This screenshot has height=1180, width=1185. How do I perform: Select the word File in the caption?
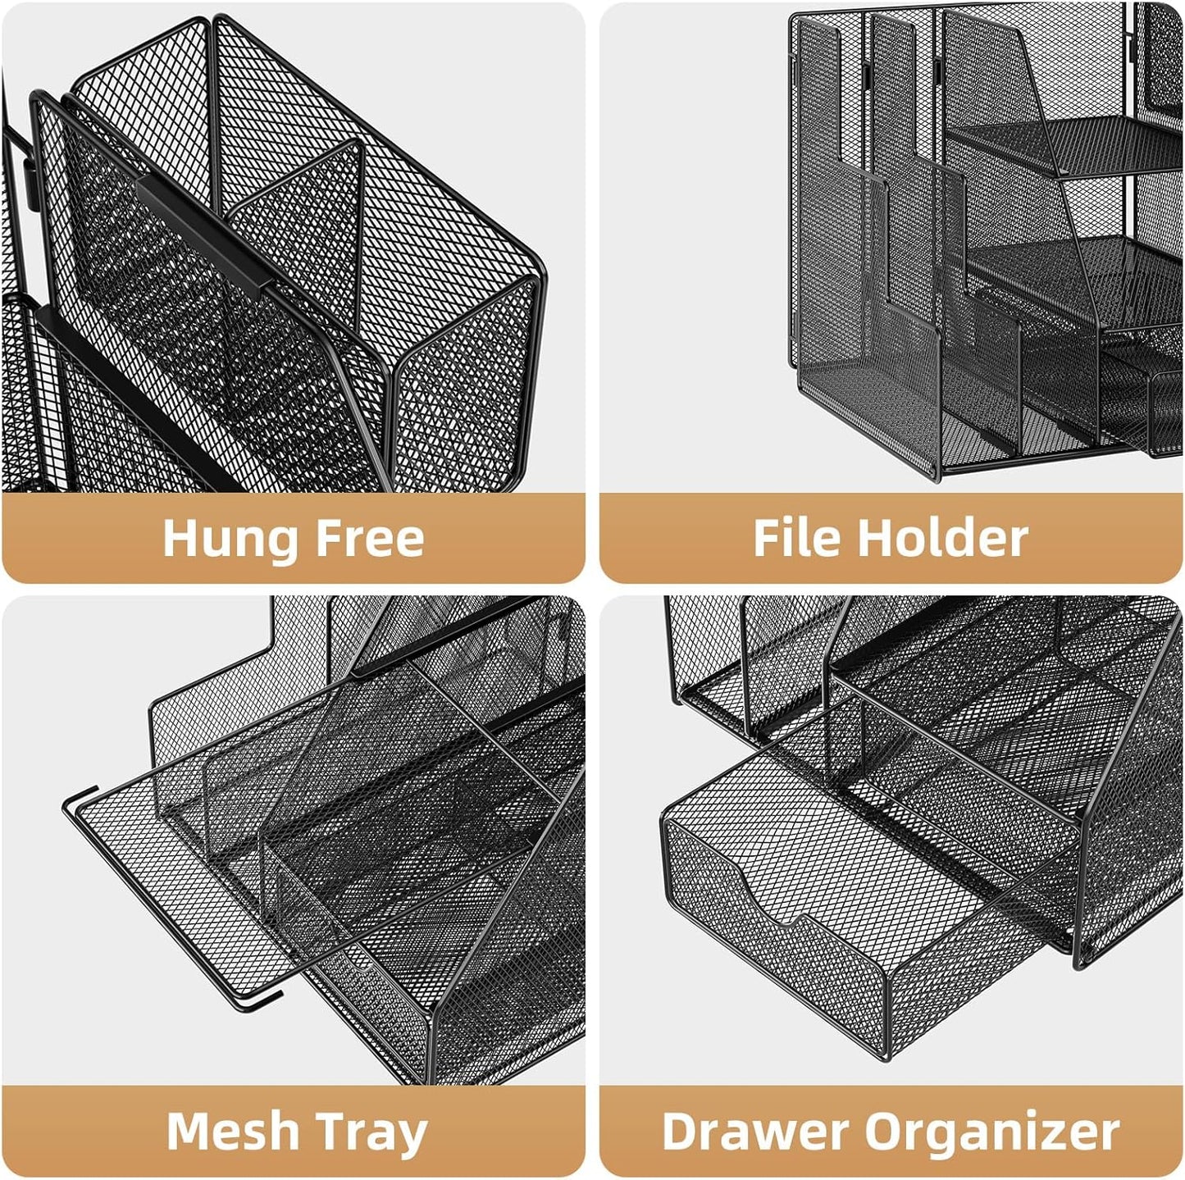[x=796, y=539]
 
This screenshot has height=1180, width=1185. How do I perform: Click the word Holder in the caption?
[x=942, y=539]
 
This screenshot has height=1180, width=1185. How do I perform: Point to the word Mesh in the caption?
[x=232, y=1131]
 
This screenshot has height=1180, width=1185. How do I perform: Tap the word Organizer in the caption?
[x=992, y=1131]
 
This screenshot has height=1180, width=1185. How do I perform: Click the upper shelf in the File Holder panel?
[x=1066, y=144]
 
